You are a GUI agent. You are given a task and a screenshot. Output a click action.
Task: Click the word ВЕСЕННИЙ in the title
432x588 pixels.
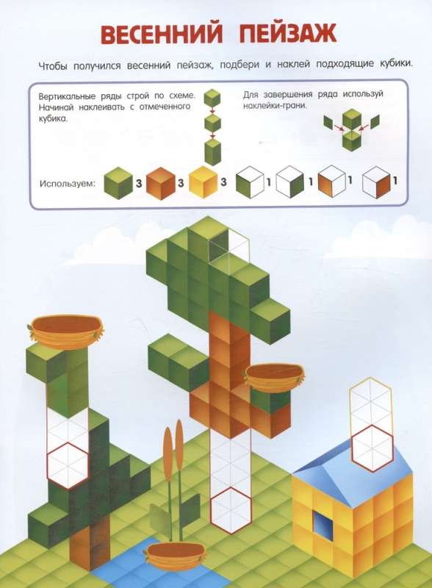click(x=162, y=35)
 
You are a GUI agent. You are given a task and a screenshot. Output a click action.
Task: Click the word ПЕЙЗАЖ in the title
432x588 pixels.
click(x=288, y=34)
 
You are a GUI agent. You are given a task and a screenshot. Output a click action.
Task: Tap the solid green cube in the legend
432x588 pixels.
click(x=118, y=182)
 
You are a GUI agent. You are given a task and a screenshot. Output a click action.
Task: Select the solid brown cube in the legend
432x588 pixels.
click(x=160, y=183)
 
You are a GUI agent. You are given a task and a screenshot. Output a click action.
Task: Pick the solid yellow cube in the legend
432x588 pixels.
click(x=204, y=182)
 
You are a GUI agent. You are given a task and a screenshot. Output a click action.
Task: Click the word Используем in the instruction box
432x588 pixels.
click(x=68, y=184)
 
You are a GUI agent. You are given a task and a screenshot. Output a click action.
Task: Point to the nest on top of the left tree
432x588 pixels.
click(x=66, y=331)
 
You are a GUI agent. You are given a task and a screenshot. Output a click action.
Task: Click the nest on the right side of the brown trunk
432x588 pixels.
click(x=275, y=378)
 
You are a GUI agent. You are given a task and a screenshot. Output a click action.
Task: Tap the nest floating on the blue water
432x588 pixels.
click(x=176, y=554)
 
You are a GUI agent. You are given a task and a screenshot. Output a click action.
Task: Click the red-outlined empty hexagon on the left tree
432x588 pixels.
click(x=68, y=465)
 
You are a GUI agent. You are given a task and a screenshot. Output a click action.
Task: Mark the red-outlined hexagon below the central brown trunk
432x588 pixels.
click(x=230, y=509)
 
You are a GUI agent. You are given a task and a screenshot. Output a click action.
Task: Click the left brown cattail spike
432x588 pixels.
click(x=168, y=449)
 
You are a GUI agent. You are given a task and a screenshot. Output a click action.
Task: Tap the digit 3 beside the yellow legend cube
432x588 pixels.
click(x=223, y=182)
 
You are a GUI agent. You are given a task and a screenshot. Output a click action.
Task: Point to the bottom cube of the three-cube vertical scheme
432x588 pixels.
click(x=212, y=152)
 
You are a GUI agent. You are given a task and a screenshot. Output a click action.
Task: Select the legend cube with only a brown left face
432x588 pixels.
click(x=331, y=182)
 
